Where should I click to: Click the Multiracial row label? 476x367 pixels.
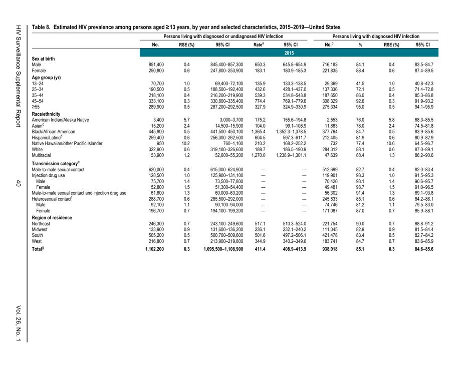pyautogui.click(x=44, y=170)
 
